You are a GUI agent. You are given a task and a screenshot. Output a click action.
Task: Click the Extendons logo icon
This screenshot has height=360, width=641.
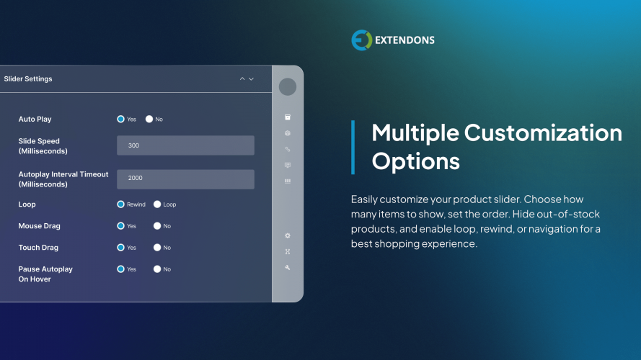[361, 40]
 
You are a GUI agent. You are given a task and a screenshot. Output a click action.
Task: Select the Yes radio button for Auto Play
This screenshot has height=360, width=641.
[121, 119]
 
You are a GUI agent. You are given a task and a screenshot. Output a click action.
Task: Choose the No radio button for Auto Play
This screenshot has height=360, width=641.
[149, 119]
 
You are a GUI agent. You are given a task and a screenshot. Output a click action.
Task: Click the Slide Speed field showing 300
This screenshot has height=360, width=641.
[185, 145]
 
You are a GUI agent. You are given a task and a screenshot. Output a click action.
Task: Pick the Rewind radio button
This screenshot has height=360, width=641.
[121, 204]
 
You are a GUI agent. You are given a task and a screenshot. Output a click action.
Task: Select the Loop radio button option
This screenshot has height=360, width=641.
[157, 204]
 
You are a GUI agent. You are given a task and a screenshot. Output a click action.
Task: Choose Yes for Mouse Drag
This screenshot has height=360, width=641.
[121, 226]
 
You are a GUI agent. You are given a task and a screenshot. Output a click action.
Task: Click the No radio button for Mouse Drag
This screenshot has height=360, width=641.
[157, 226]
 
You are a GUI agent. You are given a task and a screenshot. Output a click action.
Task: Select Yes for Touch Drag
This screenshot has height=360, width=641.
[121, 248]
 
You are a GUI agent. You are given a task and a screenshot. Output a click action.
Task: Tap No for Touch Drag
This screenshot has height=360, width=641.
[157, 248]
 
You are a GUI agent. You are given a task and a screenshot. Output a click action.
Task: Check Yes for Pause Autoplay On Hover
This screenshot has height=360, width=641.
[121, 269]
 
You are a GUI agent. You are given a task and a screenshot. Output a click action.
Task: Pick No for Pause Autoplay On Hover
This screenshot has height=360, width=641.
[157, 269]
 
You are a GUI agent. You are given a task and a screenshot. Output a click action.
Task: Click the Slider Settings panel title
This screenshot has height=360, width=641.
[28, 78]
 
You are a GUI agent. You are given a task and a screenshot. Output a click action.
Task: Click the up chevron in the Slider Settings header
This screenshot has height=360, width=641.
[242, 78]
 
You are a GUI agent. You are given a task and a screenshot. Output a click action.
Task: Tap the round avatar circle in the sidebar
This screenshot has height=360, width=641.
[288, 86]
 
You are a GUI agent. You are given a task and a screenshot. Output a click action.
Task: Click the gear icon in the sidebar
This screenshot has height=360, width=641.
[288, 235]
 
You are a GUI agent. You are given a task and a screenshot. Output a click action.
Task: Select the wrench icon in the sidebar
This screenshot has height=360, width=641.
[288, 267]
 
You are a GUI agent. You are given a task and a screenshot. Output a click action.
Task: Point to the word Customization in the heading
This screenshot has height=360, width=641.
[543, 133]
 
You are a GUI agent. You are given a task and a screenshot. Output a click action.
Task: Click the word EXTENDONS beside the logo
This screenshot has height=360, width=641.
[405, 40]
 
